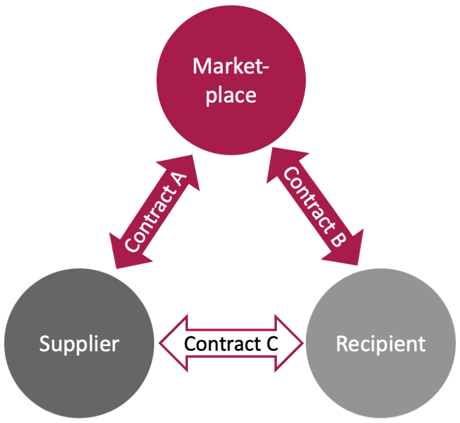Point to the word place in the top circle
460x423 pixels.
click(x=230, y=95)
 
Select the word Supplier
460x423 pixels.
click(x=79, y=344)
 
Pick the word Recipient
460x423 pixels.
click(x=381, y=344)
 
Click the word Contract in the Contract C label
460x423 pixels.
click(x=222, y=344)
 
